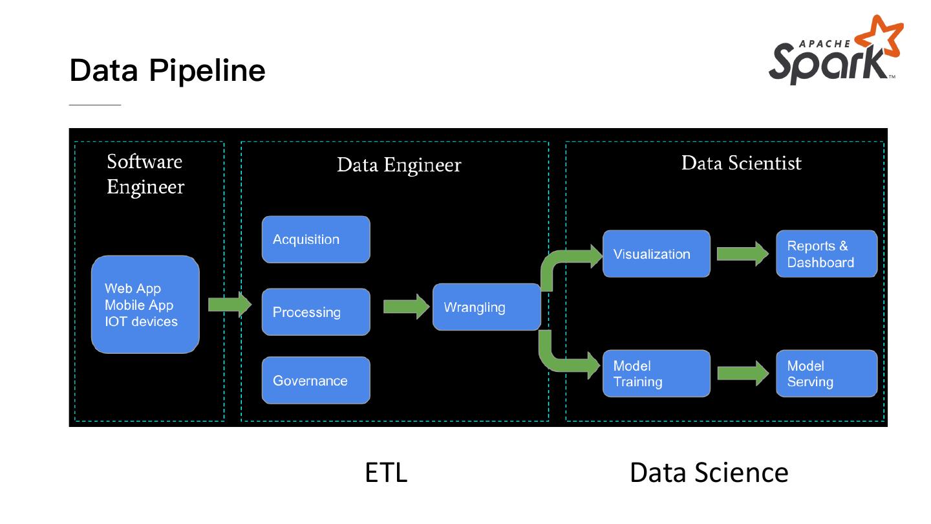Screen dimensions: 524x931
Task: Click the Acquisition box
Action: tap(316, 239)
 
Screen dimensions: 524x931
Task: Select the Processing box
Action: tap(316, 312)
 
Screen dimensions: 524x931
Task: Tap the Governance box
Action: tap(316, 380)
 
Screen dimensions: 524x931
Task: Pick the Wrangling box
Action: tap(486, 307)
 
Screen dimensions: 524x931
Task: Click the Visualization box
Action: tap(656, 254)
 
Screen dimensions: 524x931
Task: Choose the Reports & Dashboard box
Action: tap(826, 254)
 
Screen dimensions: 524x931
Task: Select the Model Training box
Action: tap(656, 373)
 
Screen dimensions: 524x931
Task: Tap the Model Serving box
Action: tap(826, 373)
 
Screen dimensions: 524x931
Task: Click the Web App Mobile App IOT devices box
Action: tap(145, 305)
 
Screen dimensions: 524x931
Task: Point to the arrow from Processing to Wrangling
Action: tap(406, 306)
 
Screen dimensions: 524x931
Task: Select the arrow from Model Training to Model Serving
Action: tap(742, 373)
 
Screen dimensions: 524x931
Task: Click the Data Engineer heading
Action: tap(399, 165)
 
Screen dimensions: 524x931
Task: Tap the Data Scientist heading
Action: tap(741, 163)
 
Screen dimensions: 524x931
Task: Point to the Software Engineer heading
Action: tap(145, 174)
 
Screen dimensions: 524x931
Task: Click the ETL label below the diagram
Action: tap(386, 472)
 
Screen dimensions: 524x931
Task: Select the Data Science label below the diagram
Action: tap(709, 472)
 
